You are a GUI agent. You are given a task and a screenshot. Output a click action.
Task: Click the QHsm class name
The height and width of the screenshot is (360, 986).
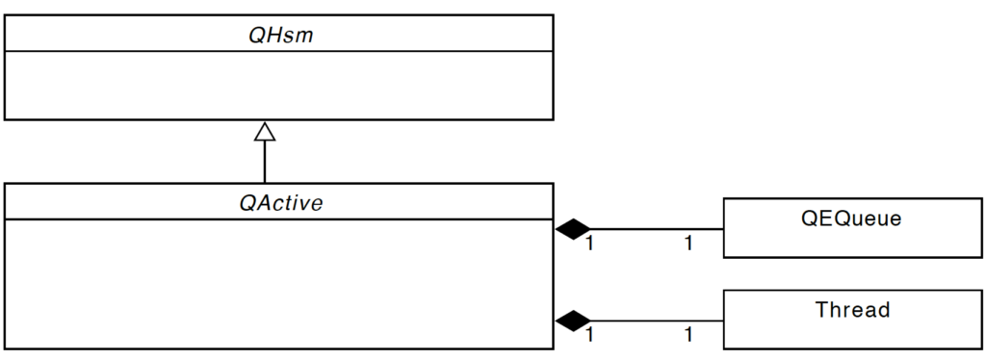[x=278, y=35]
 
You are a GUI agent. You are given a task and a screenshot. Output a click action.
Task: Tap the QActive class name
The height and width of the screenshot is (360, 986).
[x=279, y=203]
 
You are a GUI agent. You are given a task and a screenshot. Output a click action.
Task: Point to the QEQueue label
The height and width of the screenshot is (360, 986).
[x=851, y=219]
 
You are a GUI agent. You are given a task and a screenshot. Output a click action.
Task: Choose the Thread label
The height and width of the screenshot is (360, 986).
[x=852, y=310]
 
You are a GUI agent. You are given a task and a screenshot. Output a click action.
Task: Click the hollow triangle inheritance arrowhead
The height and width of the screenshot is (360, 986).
[x=265, y=131]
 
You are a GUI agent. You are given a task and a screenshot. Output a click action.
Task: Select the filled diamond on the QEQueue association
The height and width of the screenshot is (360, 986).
[x=573, y=229]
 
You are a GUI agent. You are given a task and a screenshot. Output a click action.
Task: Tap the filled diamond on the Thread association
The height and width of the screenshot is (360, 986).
[x=573, y=320]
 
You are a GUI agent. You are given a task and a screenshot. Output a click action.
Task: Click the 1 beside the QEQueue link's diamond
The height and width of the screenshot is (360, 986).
[x=589, y=244]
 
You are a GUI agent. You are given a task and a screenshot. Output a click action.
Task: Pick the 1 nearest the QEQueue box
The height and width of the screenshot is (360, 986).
[x=688, y=244]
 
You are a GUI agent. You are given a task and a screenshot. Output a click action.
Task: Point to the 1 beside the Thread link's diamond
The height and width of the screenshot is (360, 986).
[x=589, y=335]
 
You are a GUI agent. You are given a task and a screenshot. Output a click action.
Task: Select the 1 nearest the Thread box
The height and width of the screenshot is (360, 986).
[x=688, y=335]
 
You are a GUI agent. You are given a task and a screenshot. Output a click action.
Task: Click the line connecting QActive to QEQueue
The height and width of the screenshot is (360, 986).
[x=655, y=229]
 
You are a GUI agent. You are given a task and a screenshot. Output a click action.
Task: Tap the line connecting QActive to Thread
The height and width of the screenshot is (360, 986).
[x=655, y=320]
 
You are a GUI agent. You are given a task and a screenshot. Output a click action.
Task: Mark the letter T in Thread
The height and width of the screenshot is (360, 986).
[x=821, y=310]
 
